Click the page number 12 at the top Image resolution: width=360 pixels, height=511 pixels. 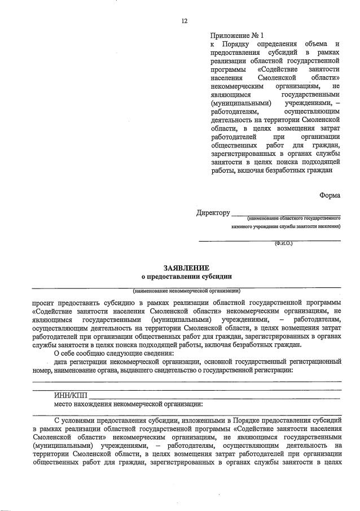pyautogui.click(x=184, y=21)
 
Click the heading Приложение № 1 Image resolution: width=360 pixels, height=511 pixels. pyautogui.click(x=232, y=34)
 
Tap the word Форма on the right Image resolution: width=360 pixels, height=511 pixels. pyautogui.click(x=330, y=195)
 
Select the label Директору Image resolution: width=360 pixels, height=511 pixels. pyautogui.click(x=213, y=213)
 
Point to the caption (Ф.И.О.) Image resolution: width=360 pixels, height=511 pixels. pyautogui.click(x=283, y=244)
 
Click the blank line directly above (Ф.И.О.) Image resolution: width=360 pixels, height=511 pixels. pyautogui.click(x=269, y=240)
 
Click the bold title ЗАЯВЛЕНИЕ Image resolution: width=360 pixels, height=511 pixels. pyautogui.click(x=186, y=267)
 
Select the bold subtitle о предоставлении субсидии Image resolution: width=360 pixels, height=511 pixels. pyautogui.click(x=186, y=277)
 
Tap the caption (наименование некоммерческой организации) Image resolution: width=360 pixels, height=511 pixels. pyautogui.click(x=186, y=291)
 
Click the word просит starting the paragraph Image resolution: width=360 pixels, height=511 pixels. pyautogui.click(x=43, y=303)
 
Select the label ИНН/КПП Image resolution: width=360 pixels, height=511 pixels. pyautogui.click(x=70, y=395)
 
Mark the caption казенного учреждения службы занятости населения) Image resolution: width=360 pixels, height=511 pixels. pyautogui.click(x=286, y=227)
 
